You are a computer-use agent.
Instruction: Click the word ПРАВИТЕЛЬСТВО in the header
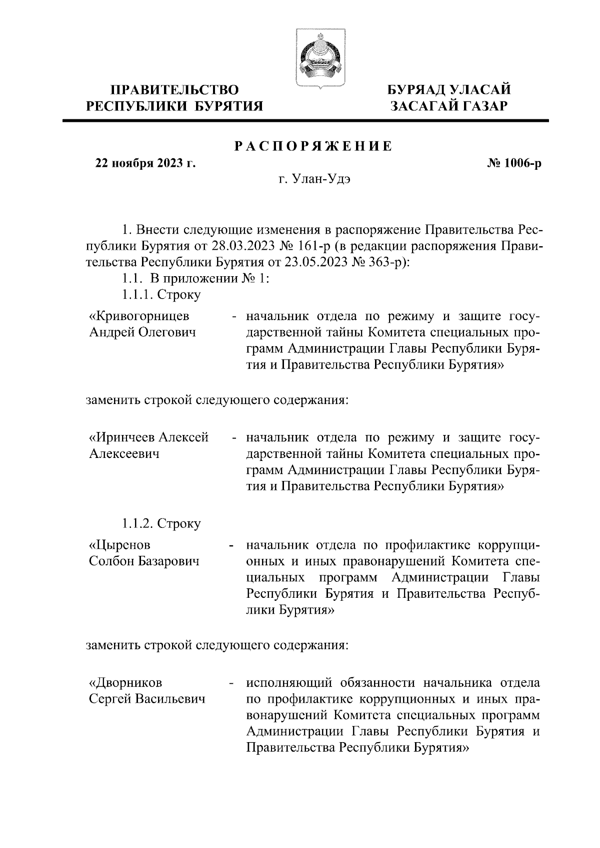tap(174, 90)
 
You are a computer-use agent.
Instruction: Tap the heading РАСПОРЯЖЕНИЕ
tap(313, 146)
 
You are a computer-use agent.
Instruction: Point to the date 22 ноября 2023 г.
tap(145, 163)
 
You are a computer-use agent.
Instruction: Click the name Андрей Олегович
tap(142, 333)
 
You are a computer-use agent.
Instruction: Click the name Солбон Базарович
tap(144, 561)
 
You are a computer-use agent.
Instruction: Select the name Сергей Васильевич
tap(147, 699)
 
